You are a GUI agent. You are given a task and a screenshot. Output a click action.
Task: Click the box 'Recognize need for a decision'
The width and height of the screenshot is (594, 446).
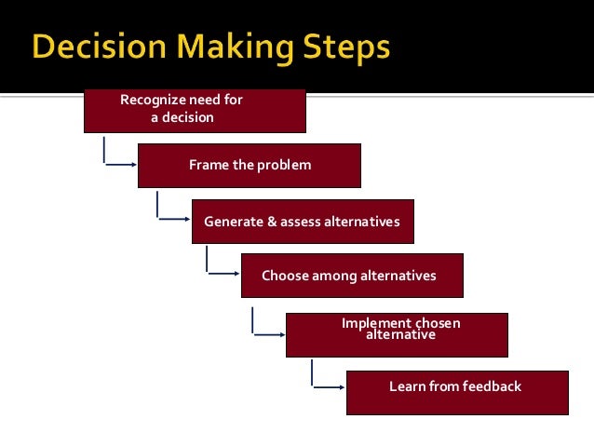195,110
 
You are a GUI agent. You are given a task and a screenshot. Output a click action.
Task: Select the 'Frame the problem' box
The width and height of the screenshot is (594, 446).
249,166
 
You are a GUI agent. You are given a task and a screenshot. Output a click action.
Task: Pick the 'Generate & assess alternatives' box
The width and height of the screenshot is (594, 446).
303,222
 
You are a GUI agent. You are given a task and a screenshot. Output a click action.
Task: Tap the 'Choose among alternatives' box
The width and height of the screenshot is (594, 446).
351,276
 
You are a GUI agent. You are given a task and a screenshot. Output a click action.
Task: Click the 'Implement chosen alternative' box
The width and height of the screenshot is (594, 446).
397,334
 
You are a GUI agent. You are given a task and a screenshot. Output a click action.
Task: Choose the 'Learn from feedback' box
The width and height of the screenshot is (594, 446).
456,392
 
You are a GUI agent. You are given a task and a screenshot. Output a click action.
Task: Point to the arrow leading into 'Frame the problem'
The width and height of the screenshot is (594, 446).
119,166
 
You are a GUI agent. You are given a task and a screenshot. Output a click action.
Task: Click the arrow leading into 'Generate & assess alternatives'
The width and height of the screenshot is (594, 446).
173,221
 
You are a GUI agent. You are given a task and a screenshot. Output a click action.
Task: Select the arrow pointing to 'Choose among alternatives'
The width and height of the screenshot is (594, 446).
222,274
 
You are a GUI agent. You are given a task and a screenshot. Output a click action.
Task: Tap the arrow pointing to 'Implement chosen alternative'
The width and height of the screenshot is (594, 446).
268,333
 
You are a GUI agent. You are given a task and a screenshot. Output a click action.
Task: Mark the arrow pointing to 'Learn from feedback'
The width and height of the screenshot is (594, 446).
327,386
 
